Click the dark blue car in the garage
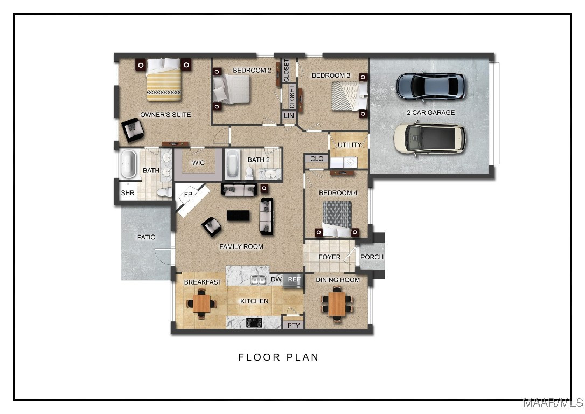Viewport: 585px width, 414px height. click(430, 86)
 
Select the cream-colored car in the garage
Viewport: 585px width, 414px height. click(429, 139)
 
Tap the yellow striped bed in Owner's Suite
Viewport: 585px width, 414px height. click(164, 80)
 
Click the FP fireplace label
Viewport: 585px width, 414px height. click(188, 195)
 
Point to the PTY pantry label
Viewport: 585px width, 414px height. click(294, 325)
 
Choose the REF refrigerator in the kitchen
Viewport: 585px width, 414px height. click(294, 280)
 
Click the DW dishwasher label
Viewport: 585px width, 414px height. click(276, 279)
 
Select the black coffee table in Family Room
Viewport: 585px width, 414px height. click(239, 216)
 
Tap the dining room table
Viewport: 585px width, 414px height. click(337, 304)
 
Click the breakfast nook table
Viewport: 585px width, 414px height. click(201, 303)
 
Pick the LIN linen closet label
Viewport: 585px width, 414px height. click(289, 116)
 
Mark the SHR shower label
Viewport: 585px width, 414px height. click(128, 193)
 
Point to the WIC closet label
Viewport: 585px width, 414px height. click(198, 163)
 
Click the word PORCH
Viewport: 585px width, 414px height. click(372, 257)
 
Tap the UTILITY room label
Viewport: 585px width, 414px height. click(349, 145)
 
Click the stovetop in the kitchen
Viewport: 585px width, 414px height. click(254, 322)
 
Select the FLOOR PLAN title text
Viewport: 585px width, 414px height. click(278, 357)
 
